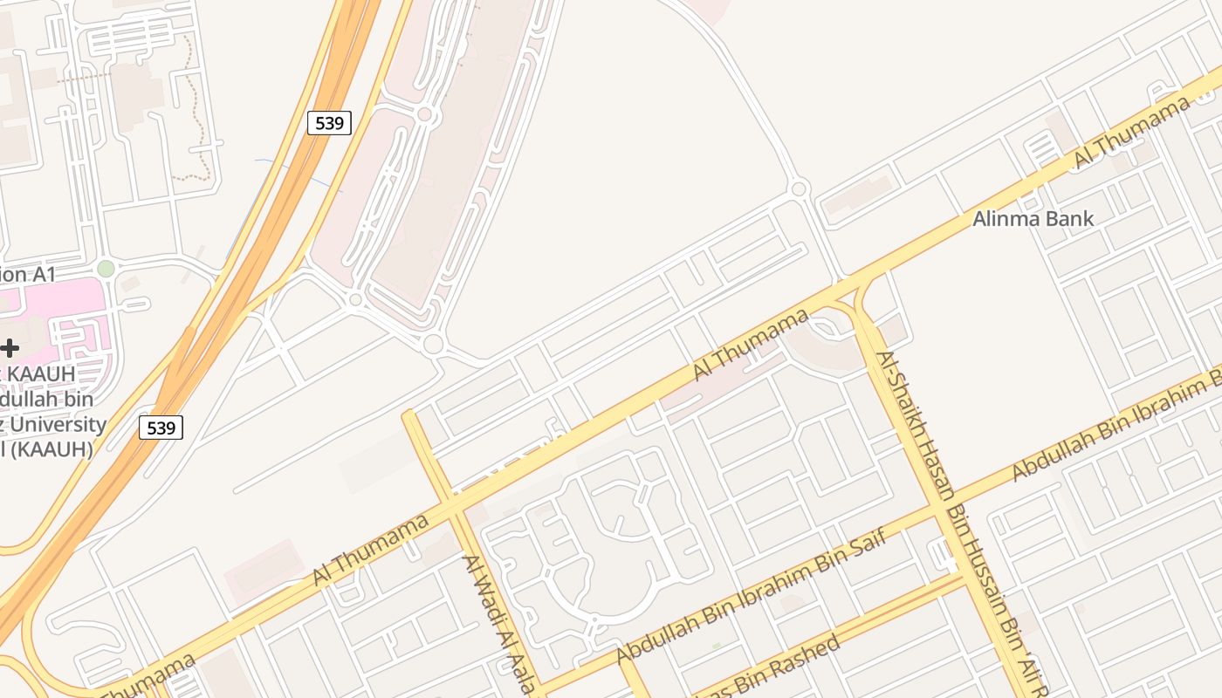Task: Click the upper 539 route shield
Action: point(329,123)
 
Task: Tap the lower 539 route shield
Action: point(161,428)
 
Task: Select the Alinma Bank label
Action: point(1033,218)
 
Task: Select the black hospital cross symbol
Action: point(10,348)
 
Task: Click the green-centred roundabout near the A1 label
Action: point(106,269)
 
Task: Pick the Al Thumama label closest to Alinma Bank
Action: point(1131,132)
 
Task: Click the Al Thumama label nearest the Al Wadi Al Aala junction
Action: point(372,550)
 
